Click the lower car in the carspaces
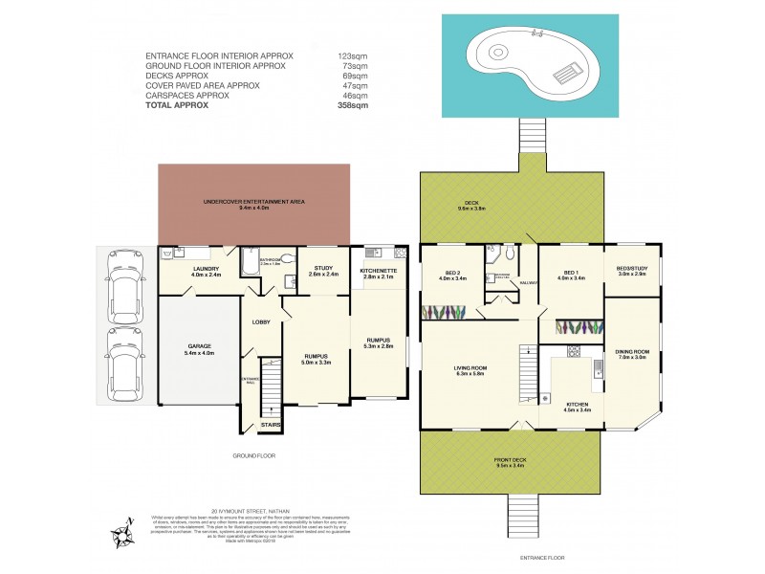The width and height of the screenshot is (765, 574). [124, 364]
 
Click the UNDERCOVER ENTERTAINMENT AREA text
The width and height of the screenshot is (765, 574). [253, 204]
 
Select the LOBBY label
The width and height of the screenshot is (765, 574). [262, 322]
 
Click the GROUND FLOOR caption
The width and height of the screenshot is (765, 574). [254, 456]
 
